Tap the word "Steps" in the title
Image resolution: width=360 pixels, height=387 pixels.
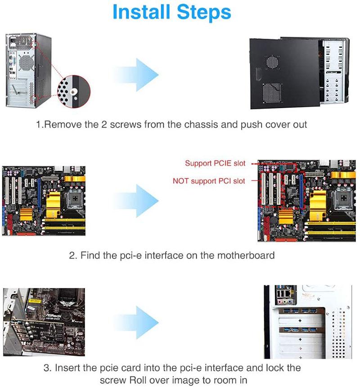(205, 13)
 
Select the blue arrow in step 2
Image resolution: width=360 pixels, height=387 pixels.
(135, 198)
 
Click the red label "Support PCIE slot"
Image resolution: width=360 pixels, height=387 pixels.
(215, 163)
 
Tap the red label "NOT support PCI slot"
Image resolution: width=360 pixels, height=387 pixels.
(209, 181)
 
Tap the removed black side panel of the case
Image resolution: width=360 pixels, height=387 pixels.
(283, 74)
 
